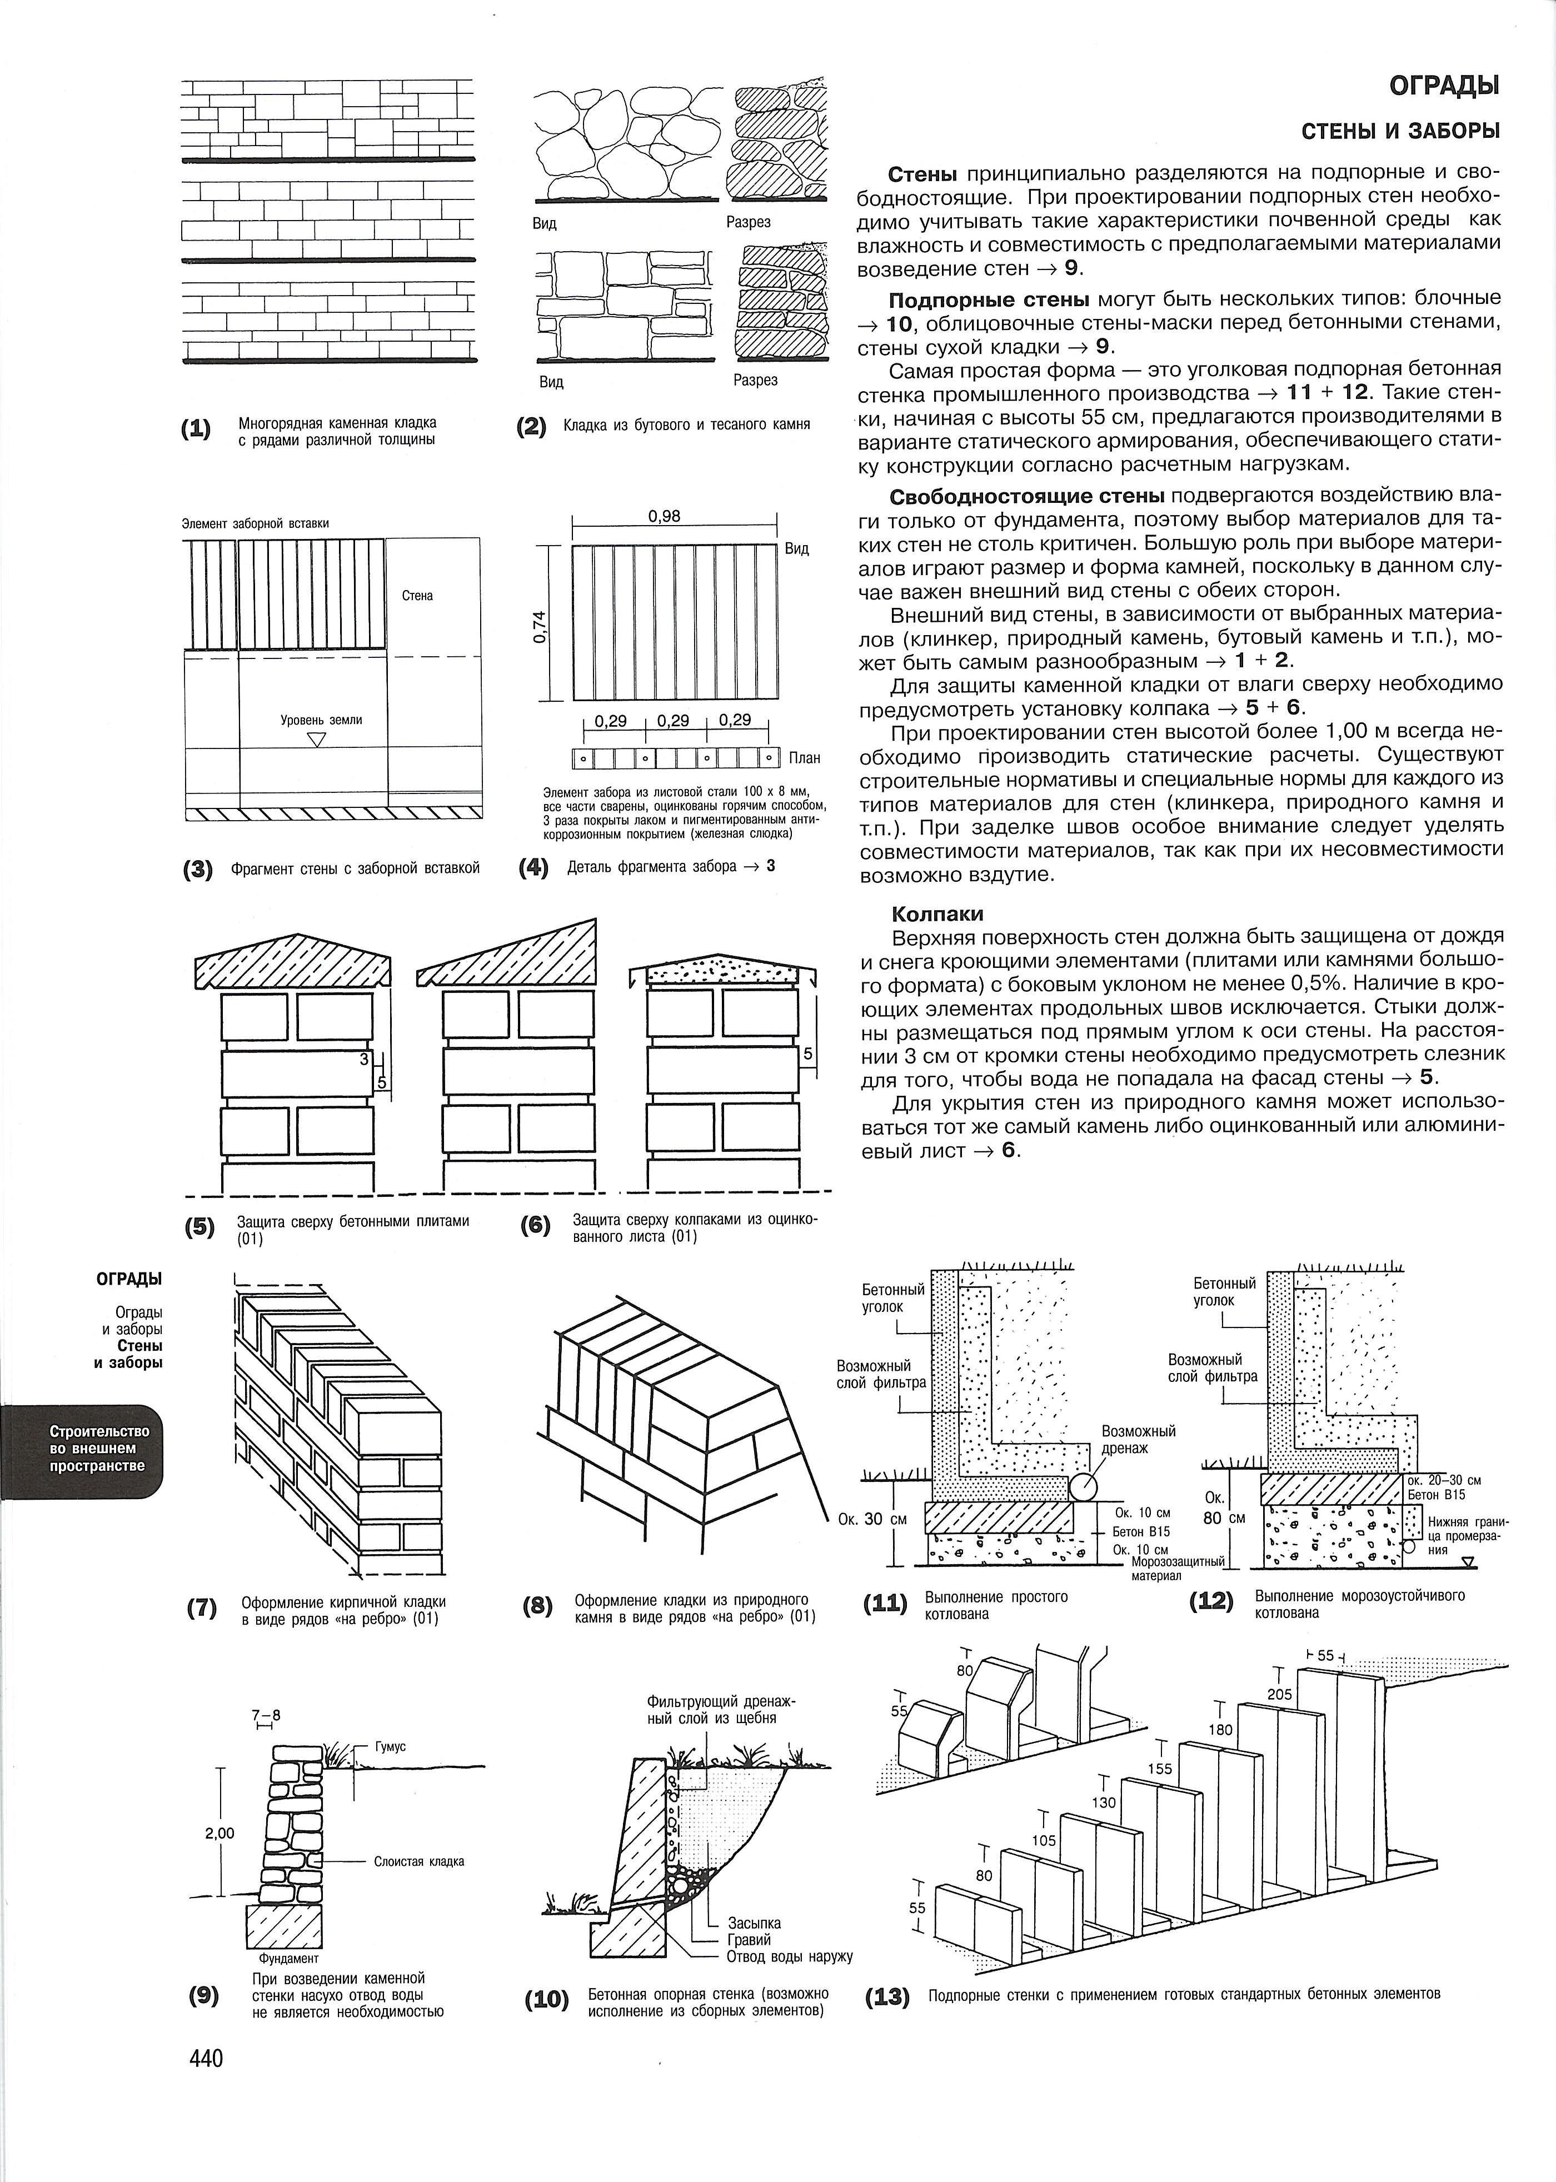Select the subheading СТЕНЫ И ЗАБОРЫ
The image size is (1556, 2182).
pos(1400,131)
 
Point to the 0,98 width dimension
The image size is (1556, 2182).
pos(664,516)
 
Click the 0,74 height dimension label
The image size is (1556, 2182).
pos(541,627)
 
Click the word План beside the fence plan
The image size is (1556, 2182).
pos(805,758)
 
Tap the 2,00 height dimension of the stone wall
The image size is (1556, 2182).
pos(220,1834)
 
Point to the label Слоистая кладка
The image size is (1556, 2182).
pos(418,1861)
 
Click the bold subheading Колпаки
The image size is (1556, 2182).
pos(937,914)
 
